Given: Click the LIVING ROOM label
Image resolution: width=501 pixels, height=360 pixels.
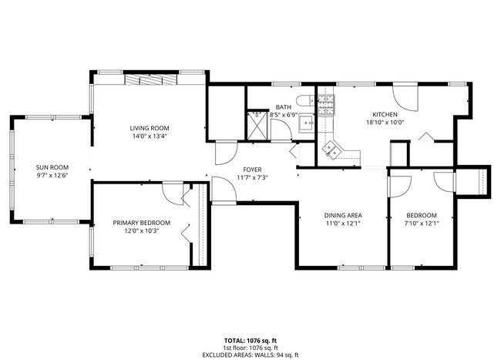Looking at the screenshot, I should pos(149,128).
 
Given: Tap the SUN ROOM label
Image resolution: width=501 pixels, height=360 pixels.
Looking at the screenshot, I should pos(52,167).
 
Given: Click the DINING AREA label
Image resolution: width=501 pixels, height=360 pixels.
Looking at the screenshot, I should pos(342,215).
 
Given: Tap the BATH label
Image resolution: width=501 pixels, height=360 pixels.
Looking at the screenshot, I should pos(283,107).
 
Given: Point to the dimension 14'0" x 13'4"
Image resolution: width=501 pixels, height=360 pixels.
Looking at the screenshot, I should pos(149,136).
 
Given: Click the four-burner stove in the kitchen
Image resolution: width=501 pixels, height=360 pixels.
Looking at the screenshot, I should pos(327,103).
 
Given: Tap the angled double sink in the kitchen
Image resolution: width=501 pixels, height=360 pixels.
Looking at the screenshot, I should pos(332,149).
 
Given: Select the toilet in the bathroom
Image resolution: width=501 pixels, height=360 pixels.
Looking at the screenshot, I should pos(307,99).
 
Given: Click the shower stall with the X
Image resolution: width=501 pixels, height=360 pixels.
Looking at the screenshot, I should pos(255,122).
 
